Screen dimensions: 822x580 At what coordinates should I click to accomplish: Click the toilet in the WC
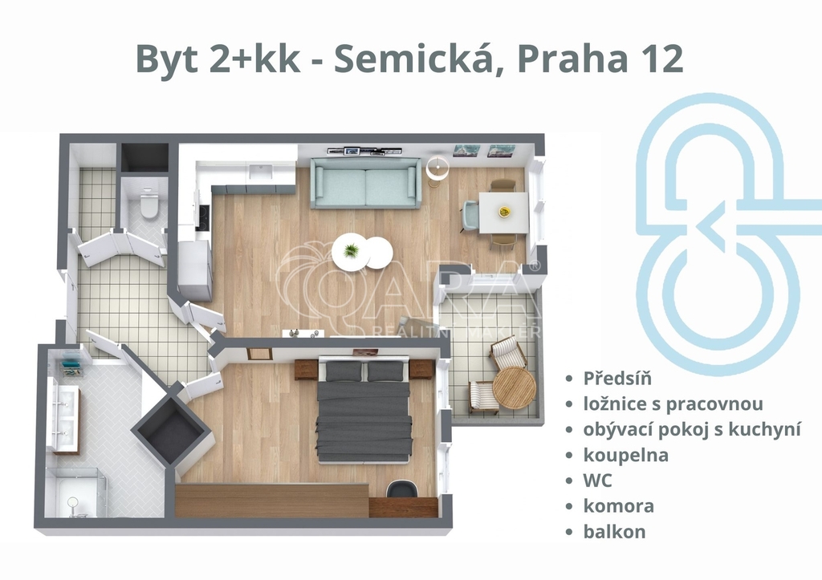tap(149, 202)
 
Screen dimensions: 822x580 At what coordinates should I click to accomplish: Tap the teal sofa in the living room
tap(365, 183)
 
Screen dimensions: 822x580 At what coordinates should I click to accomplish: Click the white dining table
tap(503, 213)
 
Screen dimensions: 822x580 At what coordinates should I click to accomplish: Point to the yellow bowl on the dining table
tap(505, 212)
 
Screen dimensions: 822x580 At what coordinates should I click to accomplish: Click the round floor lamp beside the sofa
tap(437, 168)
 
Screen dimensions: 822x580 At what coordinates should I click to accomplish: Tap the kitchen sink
tap(260, 172)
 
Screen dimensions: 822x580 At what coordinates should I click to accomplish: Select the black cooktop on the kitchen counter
tap(204, 217)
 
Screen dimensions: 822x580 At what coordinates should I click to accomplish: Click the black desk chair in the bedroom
tap(402, 489)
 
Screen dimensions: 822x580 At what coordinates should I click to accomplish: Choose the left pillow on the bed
tap(344, 372)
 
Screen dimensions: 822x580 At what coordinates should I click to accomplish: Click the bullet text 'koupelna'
tap(626, 455)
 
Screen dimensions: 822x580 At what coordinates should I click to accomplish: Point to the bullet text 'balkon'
tap(614, 531)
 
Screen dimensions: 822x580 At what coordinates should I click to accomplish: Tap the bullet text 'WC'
tap(597, 481)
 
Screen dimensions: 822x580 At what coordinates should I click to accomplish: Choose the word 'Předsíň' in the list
tap(617, 378)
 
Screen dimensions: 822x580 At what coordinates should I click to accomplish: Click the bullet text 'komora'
tap(619, 506)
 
